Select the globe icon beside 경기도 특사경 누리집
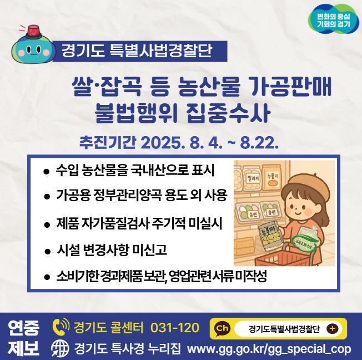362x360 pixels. pyautogui.click(x=59, y=348)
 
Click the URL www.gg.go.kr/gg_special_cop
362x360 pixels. pyautogui.click(x=270, y=348)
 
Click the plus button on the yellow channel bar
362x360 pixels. pyautogui.click(x=333, y=328)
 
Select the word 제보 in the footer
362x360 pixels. pyautogui.click(x=24, y=348)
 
